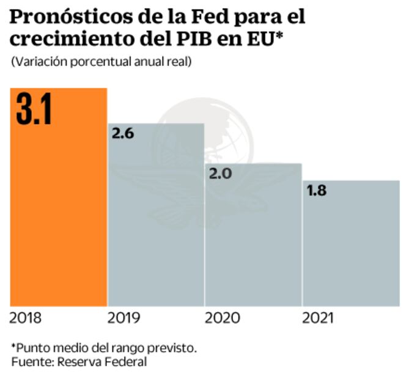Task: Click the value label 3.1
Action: (34, 110)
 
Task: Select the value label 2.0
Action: (220, 173)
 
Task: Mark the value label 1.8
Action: (317, 190)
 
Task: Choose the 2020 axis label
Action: (221, 318)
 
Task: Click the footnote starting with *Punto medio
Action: (104, 347)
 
